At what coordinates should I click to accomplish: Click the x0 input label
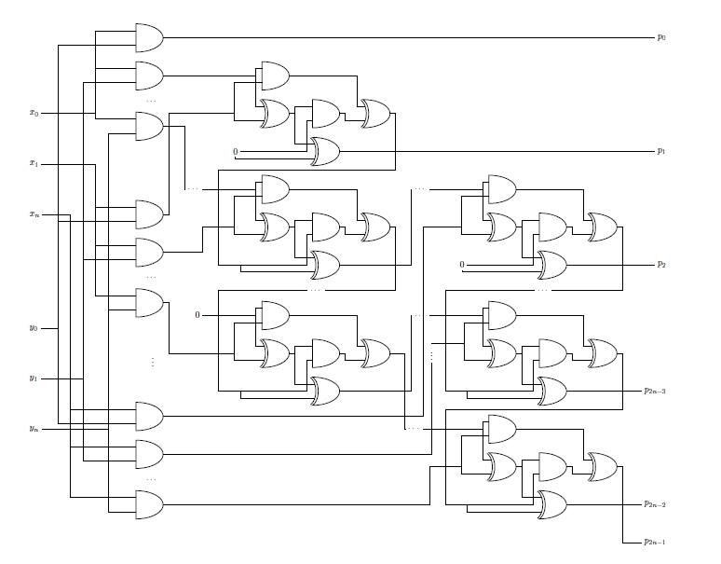click(34, 113)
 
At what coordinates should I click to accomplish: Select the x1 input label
click(34, 164)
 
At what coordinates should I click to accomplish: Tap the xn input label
click(34, 215)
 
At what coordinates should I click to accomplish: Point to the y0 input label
click(34, 328)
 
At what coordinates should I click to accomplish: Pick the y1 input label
click(34, 378)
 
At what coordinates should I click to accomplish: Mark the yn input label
click(34, 429)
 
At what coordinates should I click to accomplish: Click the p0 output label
click(660, 37)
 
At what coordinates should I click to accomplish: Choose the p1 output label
click(660, 150)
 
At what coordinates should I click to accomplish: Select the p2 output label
click(660, 265)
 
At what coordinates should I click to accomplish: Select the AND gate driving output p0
click(149, 37)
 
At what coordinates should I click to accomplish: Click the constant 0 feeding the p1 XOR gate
click(236, 151)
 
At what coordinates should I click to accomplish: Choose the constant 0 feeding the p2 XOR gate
click(461, 266)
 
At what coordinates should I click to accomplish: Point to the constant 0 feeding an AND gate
click(197, 315)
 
